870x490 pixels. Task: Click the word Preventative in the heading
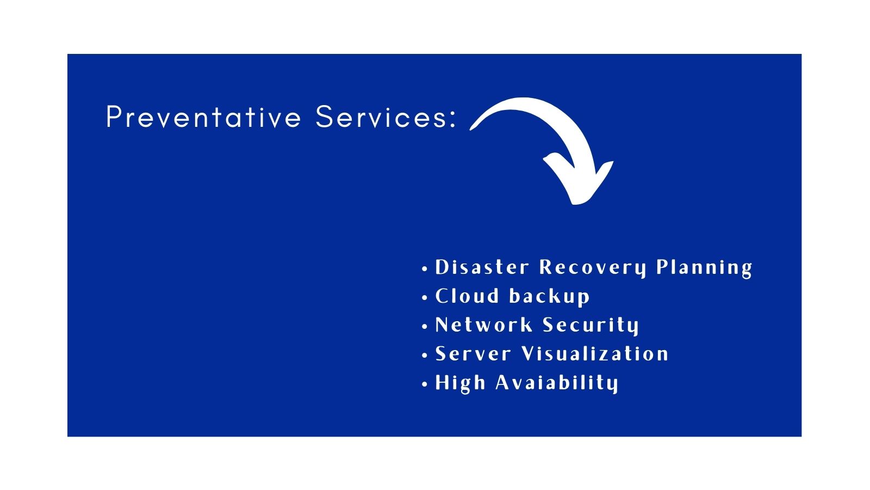click(203, 117)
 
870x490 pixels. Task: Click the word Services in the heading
click(381, 117)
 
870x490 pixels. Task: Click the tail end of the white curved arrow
click(473, 128)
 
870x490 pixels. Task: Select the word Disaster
click(482, 267)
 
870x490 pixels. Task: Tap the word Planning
click(704, 268)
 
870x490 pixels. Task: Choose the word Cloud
click(467, 296)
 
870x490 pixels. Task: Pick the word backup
click(550, 297)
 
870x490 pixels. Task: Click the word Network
click(483, 324)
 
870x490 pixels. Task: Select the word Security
click(591, 326)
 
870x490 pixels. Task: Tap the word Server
click(473, 354)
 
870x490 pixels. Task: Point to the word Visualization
click(595, 354)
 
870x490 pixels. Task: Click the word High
click(460, 383)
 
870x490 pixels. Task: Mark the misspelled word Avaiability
click(557, 383)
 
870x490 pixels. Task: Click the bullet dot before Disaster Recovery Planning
click(425, 269)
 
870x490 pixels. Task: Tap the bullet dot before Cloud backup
click(425, 297)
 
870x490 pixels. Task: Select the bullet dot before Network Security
click(425, 326)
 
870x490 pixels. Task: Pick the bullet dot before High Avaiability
click(425, 384)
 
